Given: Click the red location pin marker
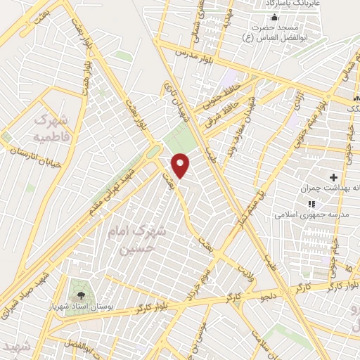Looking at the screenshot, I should pyautogui.click(x=181, y=165).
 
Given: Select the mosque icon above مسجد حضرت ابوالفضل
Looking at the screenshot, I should pyautogui.click(x=274, y=18).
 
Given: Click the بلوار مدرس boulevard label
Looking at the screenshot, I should pyautogui.click(x=191, y=53).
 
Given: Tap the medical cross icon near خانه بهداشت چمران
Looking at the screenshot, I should pyautogui.click(x=333, y=175).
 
